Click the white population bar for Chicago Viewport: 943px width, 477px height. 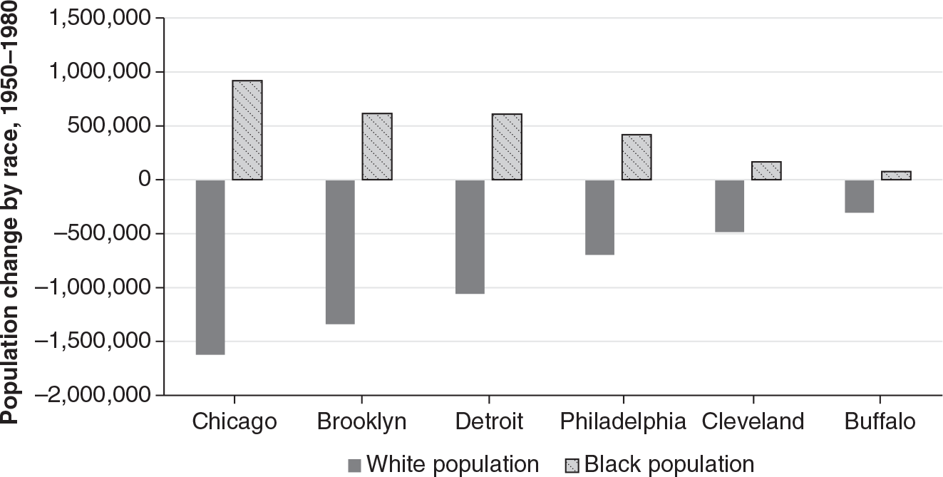210,267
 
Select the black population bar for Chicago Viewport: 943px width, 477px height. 247,130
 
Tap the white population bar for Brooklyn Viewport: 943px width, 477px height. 340,252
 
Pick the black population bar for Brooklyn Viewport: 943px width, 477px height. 377,147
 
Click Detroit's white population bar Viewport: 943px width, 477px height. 470,237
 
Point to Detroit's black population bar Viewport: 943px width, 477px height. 507,147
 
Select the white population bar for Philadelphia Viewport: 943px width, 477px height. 599,217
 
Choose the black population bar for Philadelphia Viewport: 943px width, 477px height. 637,157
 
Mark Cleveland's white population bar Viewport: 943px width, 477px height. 730,206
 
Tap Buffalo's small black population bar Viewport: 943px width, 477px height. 896,175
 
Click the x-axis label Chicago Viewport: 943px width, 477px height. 234,421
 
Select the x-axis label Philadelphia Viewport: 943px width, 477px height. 622,421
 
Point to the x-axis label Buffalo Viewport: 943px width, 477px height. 880,421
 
